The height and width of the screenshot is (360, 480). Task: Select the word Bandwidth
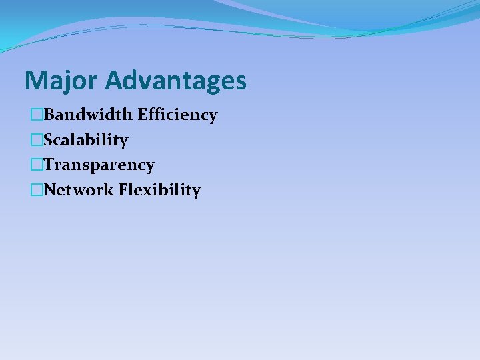[89, 115]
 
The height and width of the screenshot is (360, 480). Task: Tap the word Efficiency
[177, 115]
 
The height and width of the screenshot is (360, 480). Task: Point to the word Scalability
[85, 140]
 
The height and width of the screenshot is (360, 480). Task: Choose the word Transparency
[99, 165]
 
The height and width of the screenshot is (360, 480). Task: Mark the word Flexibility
[159, 190]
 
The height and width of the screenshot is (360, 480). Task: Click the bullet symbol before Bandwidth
[37, 115]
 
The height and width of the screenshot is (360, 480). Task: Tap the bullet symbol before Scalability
[37, 140]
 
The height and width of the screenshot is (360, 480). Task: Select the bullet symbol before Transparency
[37, 165]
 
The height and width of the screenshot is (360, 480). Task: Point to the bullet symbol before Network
[37, 190]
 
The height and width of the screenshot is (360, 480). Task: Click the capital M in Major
[33, 81]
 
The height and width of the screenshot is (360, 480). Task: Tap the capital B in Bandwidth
[49, 115]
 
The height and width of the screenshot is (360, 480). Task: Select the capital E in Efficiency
[143, 115]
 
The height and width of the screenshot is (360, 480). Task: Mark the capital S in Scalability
[49, 140]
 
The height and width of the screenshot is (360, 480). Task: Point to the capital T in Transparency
[49, 165]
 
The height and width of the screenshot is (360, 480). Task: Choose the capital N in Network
[50, 190]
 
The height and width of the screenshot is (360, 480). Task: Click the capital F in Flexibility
[123, 190]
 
